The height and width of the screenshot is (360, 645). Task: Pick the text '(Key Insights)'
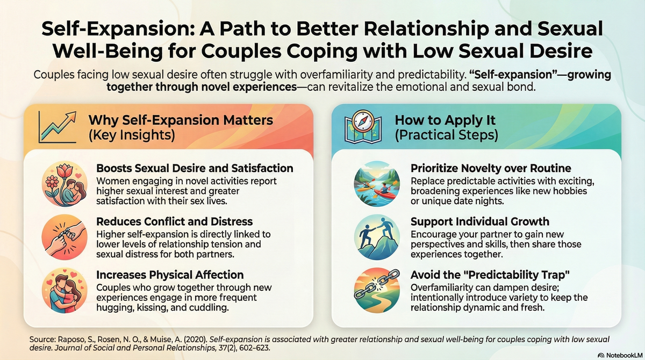click(x=132, y=135)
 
